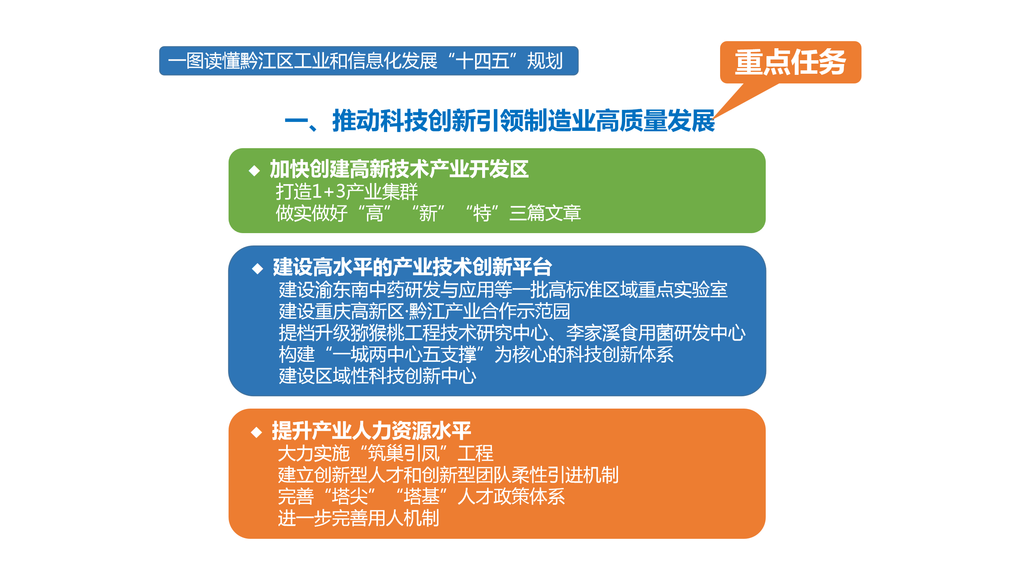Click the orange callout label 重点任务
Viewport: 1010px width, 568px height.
tap(790, 62)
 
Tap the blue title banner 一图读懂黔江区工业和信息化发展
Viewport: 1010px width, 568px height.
tap(368, 61)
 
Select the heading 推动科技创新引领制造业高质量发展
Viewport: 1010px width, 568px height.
tap(524, 121)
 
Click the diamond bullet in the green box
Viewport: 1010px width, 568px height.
tap(254, 170)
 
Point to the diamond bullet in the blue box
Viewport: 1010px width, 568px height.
tap(258, 268)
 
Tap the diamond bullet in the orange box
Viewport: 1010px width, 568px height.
tap(256, 432)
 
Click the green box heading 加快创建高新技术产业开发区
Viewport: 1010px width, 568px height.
tap(399, 170)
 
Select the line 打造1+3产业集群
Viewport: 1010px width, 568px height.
tap(347, 192)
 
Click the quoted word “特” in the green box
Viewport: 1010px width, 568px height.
tap(482, 213)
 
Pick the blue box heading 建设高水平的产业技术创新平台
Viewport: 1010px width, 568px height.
tap(413, 268)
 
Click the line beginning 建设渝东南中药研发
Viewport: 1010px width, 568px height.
tap(503, 290)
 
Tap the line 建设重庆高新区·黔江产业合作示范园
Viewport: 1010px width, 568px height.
tap(424, 311)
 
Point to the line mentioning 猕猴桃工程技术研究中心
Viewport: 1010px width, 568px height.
tap(512, 333)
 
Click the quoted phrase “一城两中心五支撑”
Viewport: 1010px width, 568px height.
tap(404, 354)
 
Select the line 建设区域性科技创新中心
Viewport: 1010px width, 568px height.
tap(377, 376)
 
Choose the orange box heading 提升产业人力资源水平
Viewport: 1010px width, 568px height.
tap(371, 431)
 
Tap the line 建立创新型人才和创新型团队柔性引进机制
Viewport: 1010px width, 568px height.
tap(448, 475)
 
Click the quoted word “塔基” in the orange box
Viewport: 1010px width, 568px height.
tap(422, 497)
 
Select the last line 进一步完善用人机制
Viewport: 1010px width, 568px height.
tap(358, 518)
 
